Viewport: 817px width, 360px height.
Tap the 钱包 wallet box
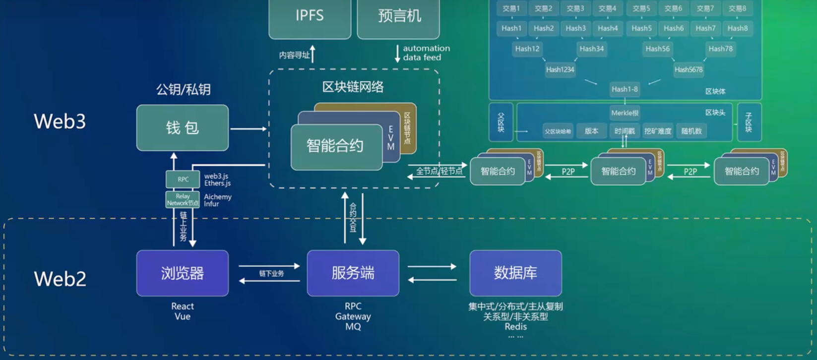[x=183, y=128]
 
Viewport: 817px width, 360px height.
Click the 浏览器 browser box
[x=183, y=273]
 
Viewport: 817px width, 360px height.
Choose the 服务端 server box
[x=353, y=273]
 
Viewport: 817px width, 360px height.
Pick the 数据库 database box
[x=515, y=273]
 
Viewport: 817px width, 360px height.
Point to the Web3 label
[x=60, y=121]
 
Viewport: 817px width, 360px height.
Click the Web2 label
[x=60, y=279]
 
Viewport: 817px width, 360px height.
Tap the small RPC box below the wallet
[x=183, y=179]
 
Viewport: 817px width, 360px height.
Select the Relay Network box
[x=183, y=200]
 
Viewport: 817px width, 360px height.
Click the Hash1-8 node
[x=625, y=89]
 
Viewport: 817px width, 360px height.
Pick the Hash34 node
[x=591, y=49]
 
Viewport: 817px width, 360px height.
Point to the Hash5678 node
[x=689, y=69]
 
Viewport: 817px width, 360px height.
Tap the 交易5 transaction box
[x=641, y=8]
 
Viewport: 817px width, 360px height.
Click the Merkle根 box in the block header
[x=625, y=113]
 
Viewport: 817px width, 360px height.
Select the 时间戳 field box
[x=625, y=131]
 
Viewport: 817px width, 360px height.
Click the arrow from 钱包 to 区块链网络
[x=248, y=129]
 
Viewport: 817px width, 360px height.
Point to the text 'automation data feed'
[x=426, y=53]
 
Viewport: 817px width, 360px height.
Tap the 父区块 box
[x=501, y=122]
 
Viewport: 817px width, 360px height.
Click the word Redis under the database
[x=515, y=326]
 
